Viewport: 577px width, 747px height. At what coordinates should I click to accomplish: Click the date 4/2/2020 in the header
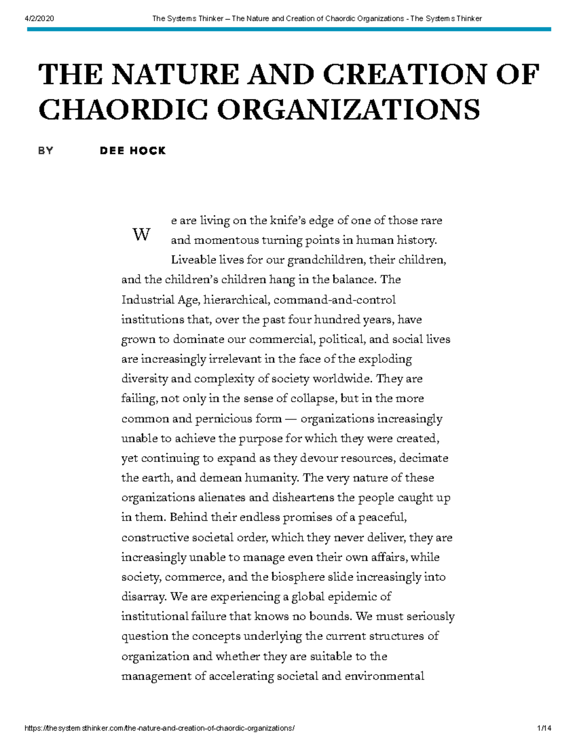click(x=39, y=19)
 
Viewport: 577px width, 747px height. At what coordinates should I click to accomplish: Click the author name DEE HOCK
click(x=133, y=151)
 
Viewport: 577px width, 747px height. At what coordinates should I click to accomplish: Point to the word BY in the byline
click(x=46, y=151)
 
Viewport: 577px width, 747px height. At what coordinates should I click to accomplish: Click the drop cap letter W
click(x=141, y=235)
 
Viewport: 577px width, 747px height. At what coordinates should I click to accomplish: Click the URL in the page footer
click(x=159, y=728)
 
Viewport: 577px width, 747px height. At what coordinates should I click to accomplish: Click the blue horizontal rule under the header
click(x=288, y=29)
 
